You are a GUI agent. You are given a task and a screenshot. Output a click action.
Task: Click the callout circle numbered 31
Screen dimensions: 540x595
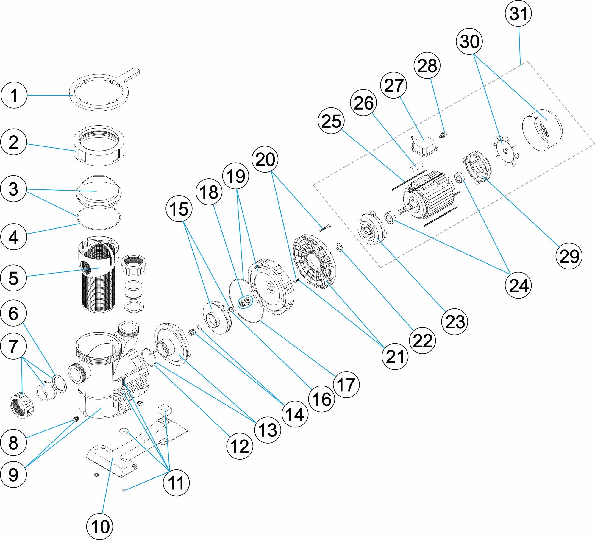point(518,14)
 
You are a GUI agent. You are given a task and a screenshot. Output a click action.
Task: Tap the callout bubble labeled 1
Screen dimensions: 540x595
point(14,95)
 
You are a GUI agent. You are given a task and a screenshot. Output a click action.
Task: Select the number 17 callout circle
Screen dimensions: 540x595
point(346,384)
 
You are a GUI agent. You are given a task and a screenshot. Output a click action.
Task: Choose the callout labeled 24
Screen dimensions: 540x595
point(518,285)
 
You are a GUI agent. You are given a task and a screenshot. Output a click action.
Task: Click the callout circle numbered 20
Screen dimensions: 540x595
point(265,159)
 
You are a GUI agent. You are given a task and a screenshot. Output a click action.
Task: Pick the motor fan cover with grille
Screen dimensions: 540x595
point(542,130)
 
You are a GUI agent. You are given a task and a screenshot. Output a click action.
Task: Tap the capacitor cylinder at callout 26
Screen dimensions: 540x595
point(416,167)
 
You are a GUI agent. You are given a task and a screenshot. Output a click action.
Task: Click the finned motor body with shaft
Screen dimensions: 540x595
point(429,196)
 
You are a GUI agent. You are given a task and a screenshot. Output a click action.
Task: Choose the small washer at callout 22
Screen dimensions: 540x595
point(339,246)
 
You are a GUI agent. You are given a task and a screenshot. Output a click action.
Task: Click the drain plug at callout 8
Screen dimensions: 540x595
point(76,419)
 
